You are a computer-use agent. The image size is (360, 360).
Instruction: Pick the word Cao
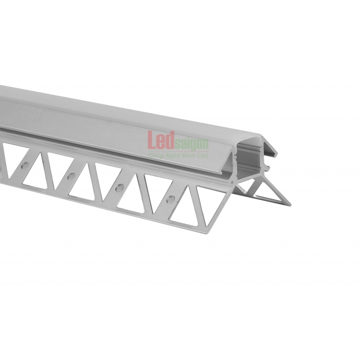point(203,156)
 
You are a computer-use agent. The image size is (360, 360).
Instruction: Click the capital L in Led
point(152,139)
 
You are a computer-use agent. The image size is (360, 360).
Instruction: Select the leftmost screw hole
point(25,165)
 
